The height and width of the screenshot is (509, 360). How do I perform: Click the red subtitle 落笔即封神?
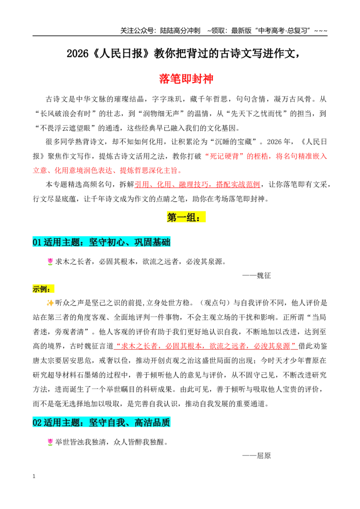pyautogui.click(x=186, y=79)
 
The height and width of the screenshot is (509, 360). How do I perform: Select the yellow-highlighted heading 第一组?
pyautogui.click(x=186, y=217)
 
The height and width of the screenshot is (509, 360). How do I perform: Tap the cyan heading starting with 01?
pyautogui.click(x=101, y=242)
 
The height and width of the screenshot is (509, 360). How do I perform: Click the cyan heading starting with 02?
pyautogui.click(x=101, y=422)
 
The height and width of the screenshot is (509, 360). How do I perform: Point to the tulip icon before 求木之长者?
pyautogui.click(x=50, y=261)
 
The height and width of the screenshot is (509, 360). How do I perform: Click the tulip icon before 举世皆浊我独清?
pyautogui.click(x=50, y=442)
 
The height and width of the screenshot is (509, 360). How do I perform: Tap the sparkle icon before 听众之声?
pyautogui.click(x=50, y=303)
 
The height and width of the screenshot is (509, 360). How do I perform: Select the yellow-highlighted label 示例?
pyautogui.click(x=43, y=289)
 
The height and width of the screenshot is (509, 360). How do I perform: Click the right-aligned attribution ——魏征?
pyautogui.click(x=256, y=276)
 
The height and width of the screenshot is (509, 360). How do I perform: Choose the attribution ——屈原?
pyautogui.click(x=256, y=456)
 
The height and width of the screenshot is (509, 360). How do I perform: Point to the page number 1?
pyautogui.click(x=34, y=476)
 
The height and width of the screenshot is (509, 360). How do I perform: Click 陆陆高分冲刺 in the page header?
pyautogui.click(x=180, y=31)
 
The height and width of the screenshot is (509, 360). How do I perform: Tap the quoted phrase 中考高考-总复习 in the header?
pyautogui.click(x=282, y=31)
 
